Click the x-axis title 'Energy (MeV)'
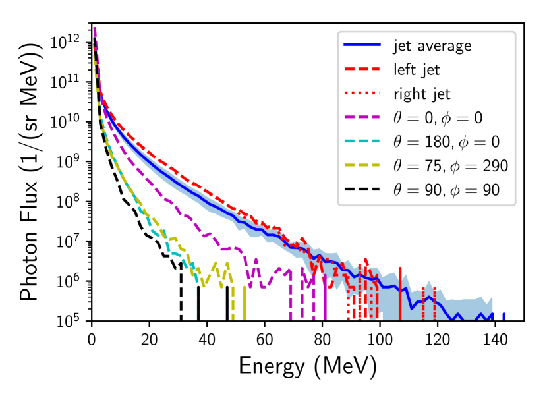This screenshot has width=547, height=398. (x=308, y=365)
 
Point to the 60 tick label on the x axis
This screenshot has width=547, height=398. (x=265, y=335)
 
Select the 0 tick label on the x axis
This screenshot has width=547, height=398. (x=92, y=335)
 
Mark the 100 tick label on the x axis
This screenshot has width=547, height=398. (x=380, y=335)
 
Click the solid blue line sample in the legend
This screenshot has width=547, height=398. (x=362, y=46)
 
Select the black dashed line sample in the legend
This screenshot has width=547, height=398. (x=362, y=189)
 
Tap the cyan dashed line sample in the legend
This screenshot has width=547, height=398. (x=362, y=141)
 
